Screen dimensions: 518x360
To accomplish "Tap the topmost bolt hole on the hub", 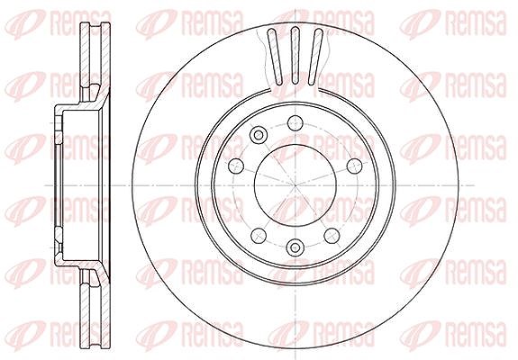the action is point(295,123).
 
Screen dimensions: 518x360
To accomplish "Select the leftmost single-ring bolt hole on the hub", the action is point(237,166).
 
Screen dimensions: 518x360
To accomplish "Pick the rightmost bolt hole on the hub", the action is point(356,166).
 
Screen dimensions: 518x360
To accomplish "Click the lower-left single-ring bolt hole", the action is point(259,236).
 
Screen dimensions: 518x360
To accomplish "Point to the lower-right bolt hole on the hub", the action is point(332,236).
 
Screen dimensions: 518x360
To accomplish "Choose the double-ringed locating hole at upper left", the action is point(258,135).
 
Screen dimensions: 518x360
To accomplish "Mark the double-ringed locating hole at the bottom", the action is point(295,247).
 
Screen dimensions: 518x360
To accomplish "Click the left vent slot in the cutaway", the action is point(275,56).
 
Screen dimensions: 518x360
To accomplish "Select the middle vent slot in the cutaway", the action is point(295,55).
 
